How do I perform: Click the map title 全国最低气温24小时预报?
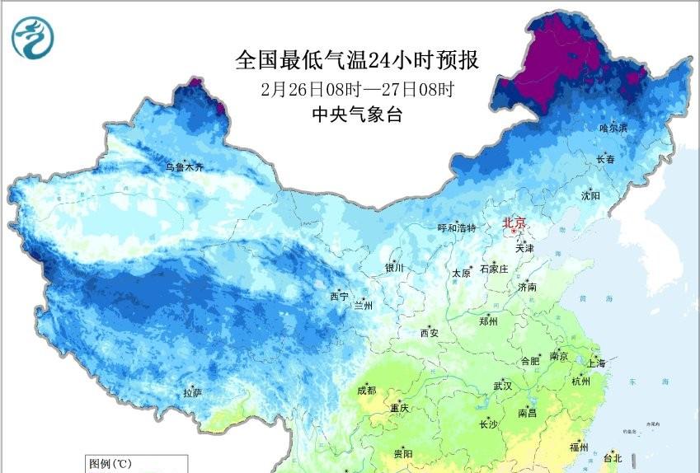pos(356,60)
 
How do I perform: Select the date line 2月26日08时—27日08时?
pos(356,89)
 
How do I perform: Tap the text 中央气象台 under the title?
pos(356,115)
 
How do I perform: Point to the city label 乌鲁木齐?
pos(183,167)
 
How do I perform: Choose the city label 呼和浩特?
pos(456,228)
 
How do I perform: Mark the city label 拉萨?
pos(192,393)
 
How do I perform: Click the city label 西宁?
pos(339,296)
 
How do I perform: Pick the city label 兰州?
pos(363,306)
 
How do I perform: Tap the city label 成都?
pos(368,391)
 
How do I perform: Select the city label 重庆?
pos(400,409)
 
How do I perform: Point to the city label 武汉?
pos(502,386)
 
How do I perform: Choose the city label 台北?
pos(613,458)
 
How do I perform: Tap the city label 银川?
pos(394,268)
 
